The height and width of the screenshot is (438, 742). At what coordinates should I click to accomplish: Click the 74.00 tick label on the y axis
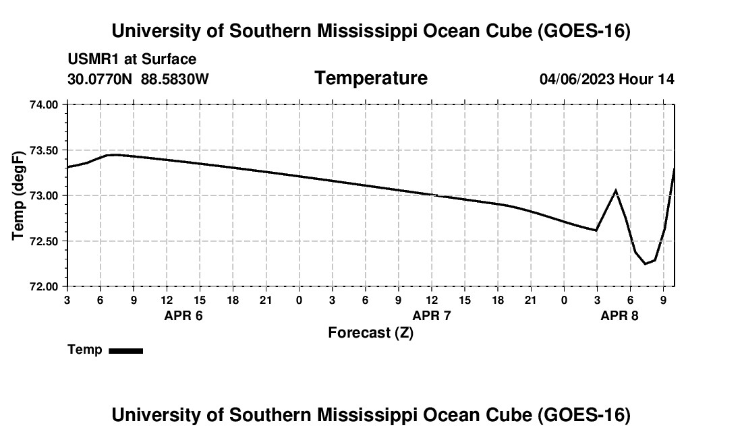point(44,104)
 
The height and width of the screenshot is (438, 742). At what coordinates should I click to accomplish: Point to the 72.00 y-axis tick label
point(44,287)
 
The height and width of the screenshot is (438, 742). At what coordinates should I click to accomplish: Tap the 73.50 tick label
point(44,151)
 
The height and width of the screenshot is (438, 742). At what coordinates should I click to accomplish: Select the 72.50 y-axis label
point(44,241)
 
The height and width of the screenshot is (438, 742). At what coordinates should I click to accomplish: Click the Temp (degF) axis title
point(18,195)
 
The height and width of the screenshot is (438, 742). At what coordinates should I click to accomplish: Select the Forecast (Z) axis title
point(370,333)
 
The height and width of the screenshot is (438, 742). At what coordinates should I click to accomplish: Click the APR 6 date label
point(183,315)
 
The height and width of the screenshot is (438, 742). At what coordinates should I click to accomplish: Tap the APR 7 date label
point(432,315)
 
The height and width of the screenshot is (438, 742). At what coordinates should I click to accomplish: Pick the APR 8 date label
point(619,315)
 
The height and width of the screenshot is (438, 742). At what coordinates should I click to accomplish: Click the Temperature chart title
point(371,78)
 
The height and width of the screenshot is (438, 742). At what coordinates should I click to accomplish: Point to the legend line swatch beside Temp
point(126,350)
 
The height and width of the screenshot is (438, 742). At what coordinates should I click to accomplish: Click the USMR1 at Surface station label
point(132,59)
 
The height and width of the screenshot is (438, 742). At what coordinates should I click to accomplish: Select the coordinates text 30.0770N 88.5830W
point(138,79)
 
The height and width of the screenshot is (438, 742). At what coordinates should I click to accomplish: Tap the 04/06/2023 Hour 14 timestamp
point(607,79)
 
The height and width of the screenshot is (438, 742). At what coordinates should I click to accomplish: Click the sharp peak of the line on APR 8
point(615,191)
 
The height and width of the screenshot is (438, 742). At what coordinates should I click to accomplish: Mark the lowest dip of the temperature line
point(645,263)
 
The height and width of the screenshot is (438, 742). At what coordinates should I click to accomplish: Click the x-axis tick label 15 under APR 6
point(200,300)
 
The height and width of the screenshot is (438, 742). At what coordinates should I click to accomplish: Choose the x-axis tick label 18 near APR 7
point(498,300)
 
